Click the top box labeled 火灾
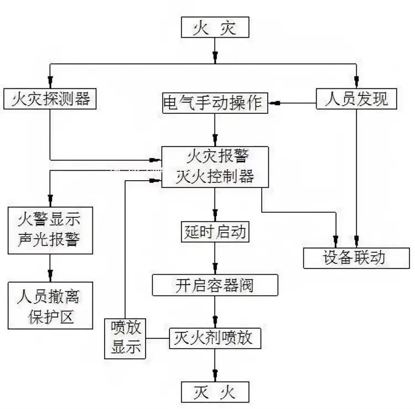click(215, 28)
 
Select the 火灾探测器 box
click(50, 100)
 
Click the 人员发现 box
click(356, 100)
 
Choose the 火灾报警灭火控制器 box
click(215, 167)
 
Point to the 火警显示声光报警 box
click(50, 229)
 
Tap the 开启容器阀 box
click(215, 285)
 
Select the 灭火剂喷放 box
click(215, 337)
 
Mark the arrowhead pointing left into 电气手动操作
click(273, 102)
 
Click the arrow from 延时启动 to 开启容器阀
click(215, 258)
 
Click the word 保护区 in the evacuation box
click(50, 318)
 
